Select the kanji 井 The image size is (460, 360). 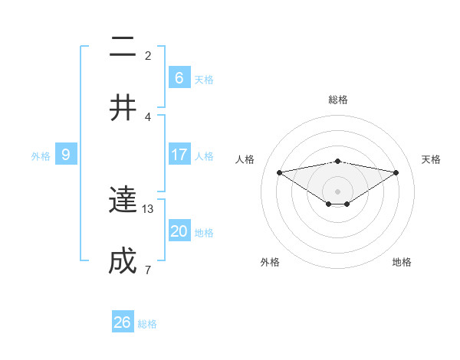123,108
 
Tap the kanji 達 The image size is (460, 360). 123,201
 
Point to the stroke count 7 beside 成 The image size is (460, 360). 148,270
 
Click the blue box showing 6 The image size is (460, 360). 179,78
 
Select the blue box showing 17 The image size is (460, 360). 179,155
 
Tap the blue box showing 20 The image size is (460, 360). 179,231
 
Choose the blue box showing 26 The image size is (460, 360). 123,322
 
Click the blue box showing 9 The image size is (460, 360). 66,155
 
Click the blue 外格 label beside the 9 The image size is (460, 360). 41,155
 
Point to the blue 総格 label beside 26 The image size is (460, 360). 147,324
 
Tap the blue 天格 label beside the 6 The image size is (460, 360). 204,79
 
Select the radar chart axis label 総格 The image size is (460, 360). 338,100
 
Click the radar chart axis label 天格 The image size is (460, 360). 432,159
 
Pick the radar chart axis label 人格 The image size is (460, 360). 245,159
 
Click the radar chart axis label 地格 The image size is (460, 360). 402,262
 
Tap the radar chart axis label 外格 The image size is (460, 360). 270,262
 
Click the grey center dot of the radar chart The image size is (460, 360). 338,191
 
